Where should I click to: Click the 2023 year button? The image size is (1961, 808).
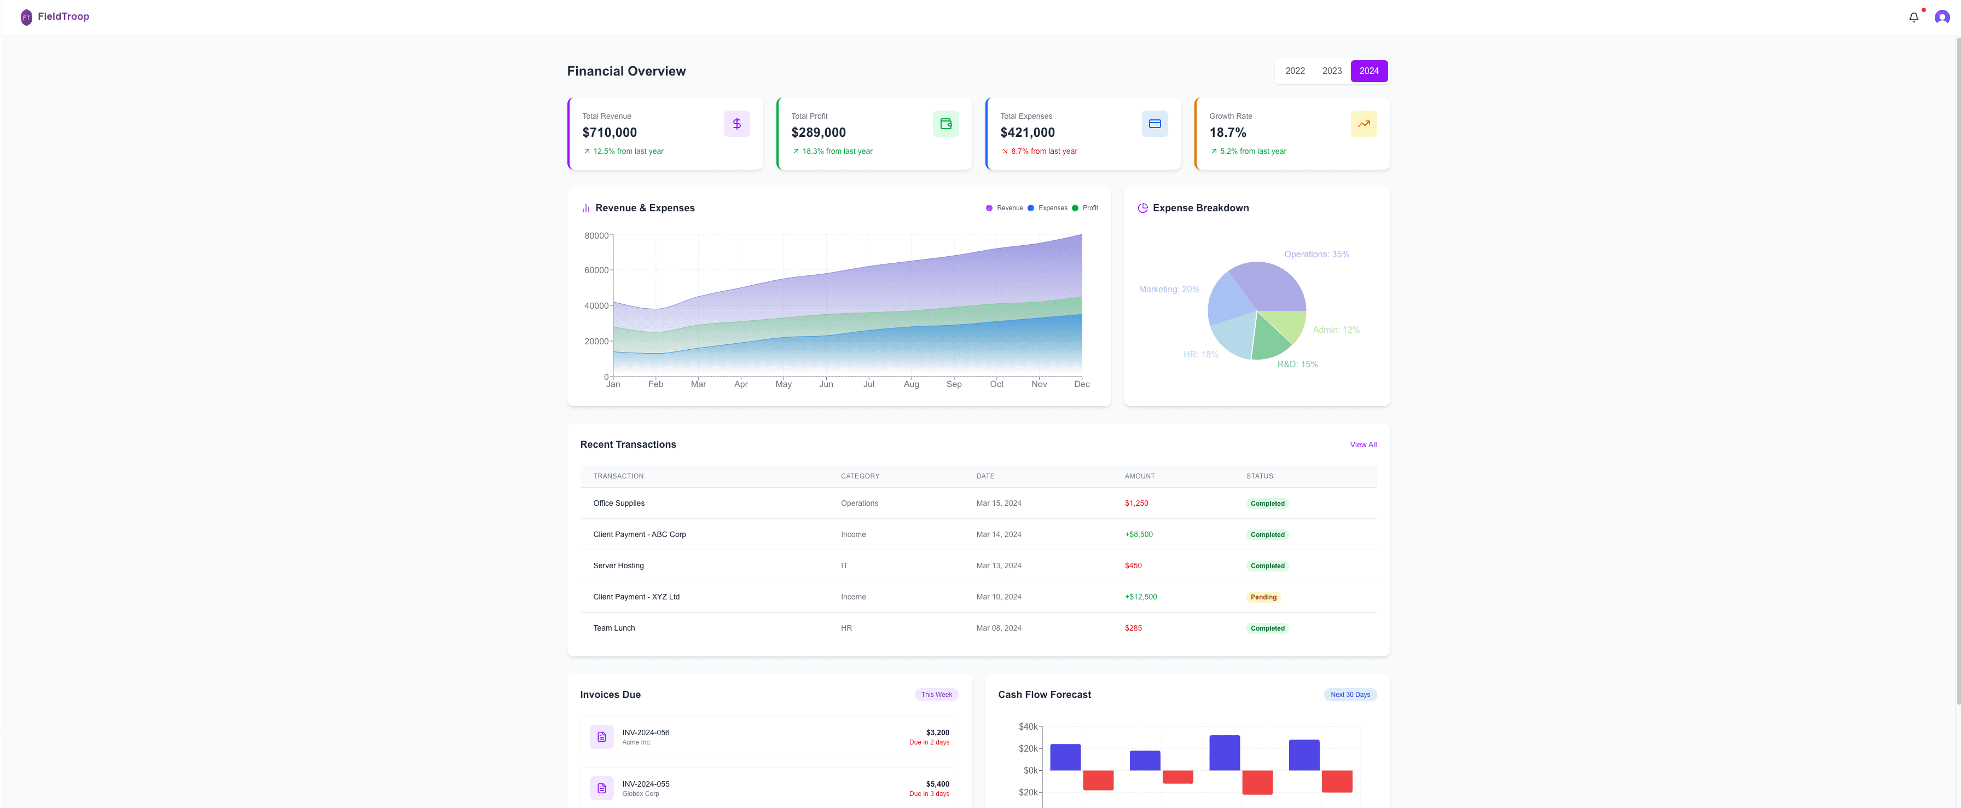point(1331,71)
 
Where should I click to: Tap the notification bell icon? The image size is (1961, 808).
point(1913,18)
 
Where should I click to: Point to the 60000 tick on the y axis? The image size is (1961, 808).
point(596,270)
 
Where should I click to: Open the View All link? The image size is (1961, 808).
point(1362,445)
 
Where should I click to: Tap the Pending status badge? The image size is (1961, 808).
point(1263,597)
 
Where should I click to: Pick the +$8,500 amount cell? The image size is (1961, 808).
point(1138,535)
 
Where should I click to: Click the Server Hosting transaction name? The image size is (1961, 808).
point(618,566)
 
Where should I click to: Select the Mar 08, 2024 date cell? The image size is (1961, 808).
point(998,628)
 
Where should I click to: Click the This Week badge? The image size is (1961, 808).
point(936,695)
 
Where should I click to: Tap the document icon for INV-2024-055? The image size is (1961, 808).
point(601,788)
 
